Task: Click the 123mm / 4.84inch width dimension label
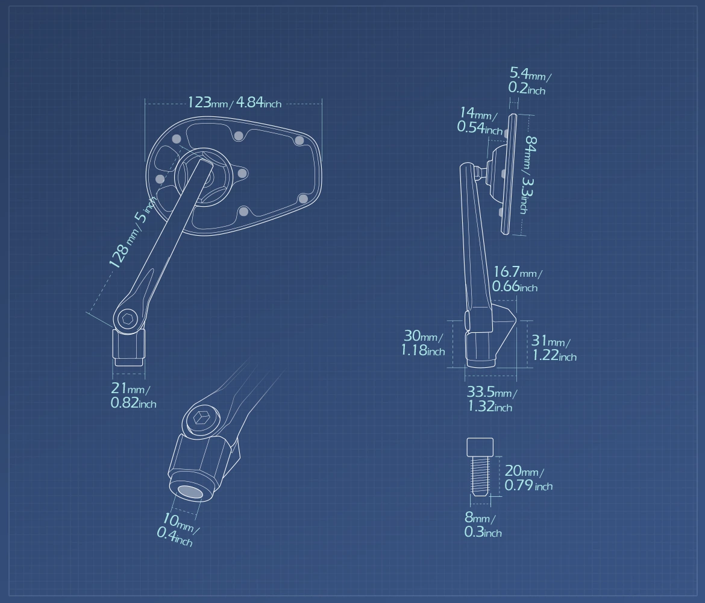234,103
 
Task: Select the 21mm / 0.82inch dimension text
133,395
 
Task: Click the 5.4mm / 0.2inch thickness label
530,81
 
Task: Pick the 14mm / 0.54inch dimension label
479,121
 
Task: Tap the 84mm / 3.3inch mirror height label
530,175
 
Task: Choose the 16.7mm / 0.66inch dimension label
517,279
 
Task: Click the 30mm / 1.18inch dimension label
422,343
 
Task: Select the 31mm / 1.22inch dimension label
554,348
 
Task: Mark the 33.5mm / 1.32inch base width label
492,399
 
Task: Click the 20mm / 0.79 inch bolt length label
528,478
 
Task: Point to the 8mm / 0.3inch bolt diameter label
483,525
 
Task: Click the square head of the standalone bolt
480,447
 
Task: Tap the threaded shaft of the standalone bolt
480,475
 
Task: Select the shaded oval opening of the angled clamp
190,491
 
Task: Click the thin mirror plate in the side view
509,175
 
